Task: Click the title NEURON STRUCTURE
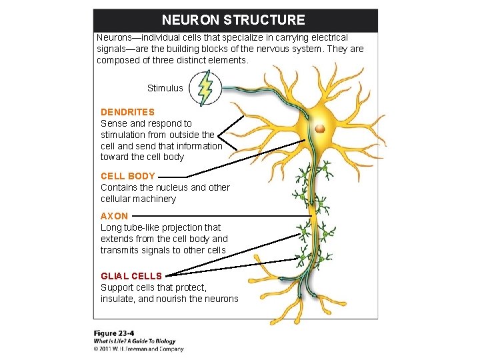(x=233, y=20)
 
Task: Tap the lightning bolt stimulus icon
(x=205, y=87)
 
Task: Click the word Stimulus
(x=165, y=88)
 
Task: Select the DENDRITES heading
(x=127, y=112)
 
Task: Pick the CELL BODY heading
(x=128, y=176)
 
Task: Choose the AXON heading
(x=114, y=216)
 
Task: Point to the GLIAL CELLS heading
(x=131, y=276)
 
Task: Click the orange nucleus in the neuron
(x=321, y=127)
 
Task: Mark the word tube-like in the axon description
(x=146, y=227)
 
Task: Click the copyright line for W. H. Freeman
(x=139, y=348)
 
